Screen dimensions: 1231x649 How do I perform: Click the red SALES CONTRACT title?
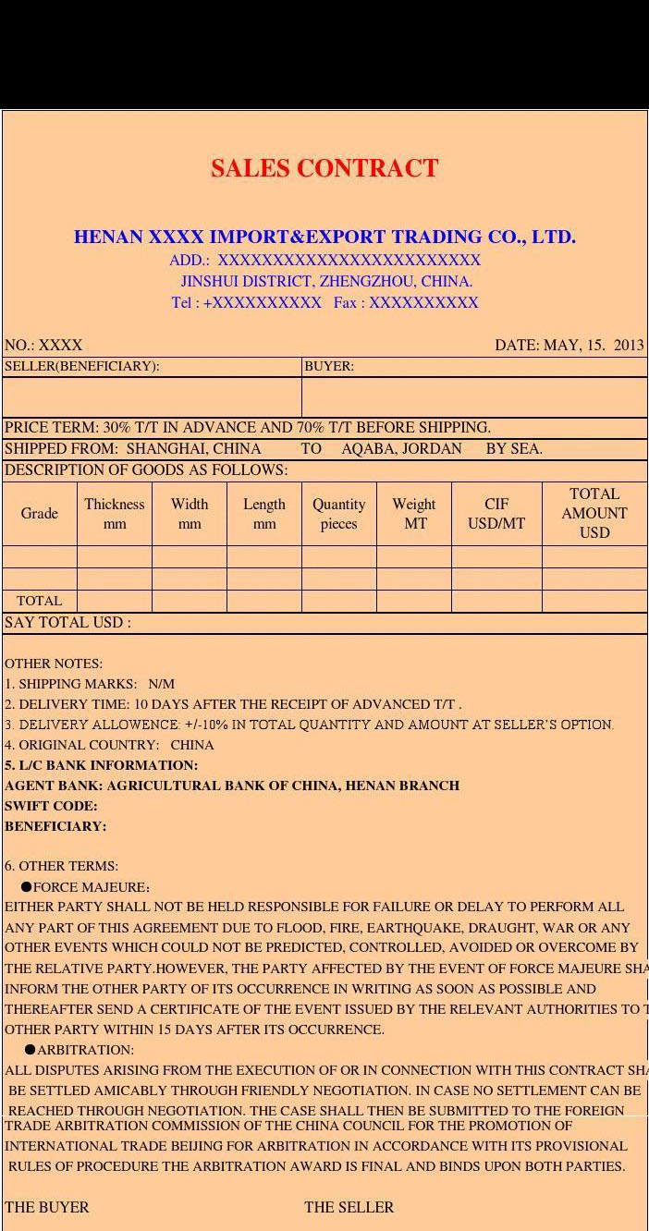[324, 168]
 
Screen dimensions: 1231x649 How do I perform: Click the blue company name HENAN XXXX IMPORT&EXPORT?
[324, 237]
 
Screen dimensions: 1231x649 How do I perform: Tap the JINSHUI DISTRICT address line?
[326, 281]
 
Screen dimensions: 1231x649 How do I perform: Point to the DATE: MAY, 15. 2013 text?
[569, 345]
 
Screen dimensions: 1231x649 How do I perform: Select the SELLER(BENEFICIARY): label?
[82, 366]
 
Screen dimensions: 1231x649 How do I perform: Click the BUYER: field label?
[329, 366]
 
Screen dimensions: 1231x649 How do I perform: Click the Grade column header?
[40, 513]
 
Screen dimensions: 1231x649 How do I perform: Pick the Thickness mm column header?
[115, 513]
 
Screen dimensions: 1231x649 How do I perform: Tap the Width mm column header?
[190, 513]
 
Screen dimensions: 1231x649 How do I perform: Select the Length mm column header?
[264, 513]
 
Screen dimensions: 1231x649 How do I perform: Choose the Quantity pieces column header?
[339, 513]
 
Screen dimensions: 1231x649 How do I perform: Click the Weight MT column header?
[414, 513]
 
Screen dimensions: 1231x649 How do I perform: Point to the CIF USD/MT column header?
[496, 513]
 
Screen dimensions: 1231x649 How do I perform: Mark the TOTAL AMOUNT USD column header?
[594, 513]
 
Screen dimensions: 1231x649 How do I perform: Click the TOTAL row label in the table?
[40, 601]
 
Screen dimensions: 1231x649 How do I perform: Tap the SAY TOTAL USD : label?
[67, 622]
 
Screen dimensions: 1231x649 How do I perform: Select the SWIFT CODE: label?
[51, 806]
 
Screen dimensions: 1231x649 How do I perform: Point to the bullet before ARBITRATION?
[30, 1050]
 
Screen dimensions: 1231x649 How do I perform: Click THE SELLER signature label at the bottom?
[349, 1207]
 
